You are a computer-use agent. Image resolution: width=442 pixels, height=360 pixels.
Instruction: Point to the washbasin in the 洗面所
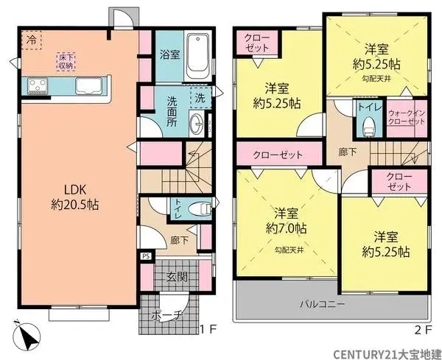coord(198,124)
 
